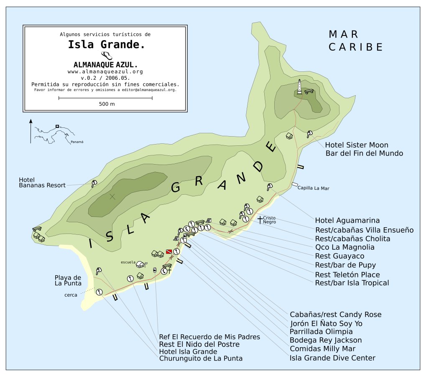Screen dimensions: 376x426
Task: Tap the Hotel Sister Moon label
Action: pyautogui.click(x=357, y=145)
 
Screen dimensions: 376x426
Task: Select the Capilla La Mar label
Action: pyautogui.click(x=313, y=188)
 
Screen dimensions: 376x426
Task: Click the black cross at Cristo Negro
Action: pyautogui.click(x=260, y=219)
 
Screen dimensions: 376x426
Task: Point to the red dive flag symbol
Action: pyautogui.click(x=169, y=252)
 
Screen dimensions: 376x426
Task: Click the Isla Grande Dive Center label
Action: pyautogui.click(x=332, y=358)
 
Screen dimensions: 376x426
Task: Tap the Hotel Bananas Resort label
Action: pyautogui.click(x=42, y=183)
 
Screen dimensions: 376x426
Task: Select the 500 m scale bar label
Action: pyautogui.click(x=107, y=104)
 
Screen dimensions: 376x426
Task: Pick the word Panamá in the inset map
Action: pyautogui.click(x=77, y=142)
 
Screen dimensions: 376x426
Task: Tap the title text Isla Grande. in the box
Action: pyautogui.click(x=107, y=45)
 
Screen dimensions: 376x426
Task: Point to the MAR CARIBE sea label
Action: pyautogui.click(x=355, y=41)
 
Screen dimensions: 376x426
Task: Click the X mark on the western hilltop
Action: pyautogui.click(x=112, y=196)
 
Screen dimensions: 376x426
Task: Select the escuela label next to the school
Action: pyautogui.click(x=128, y=262)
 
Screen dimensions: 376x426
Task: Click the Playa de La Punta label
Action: pyautogui.click(x=68, y=280)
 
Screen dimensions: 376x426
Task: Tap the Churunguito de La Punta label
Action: pyautogui.click(x=201, y=358)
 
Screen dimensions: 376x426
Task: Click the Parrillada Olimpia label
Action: pyautogui.click(x=321, y=331)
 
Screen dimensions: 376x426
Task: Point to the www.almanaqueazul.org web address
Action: pyautogui.click(x=105, y=71)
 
